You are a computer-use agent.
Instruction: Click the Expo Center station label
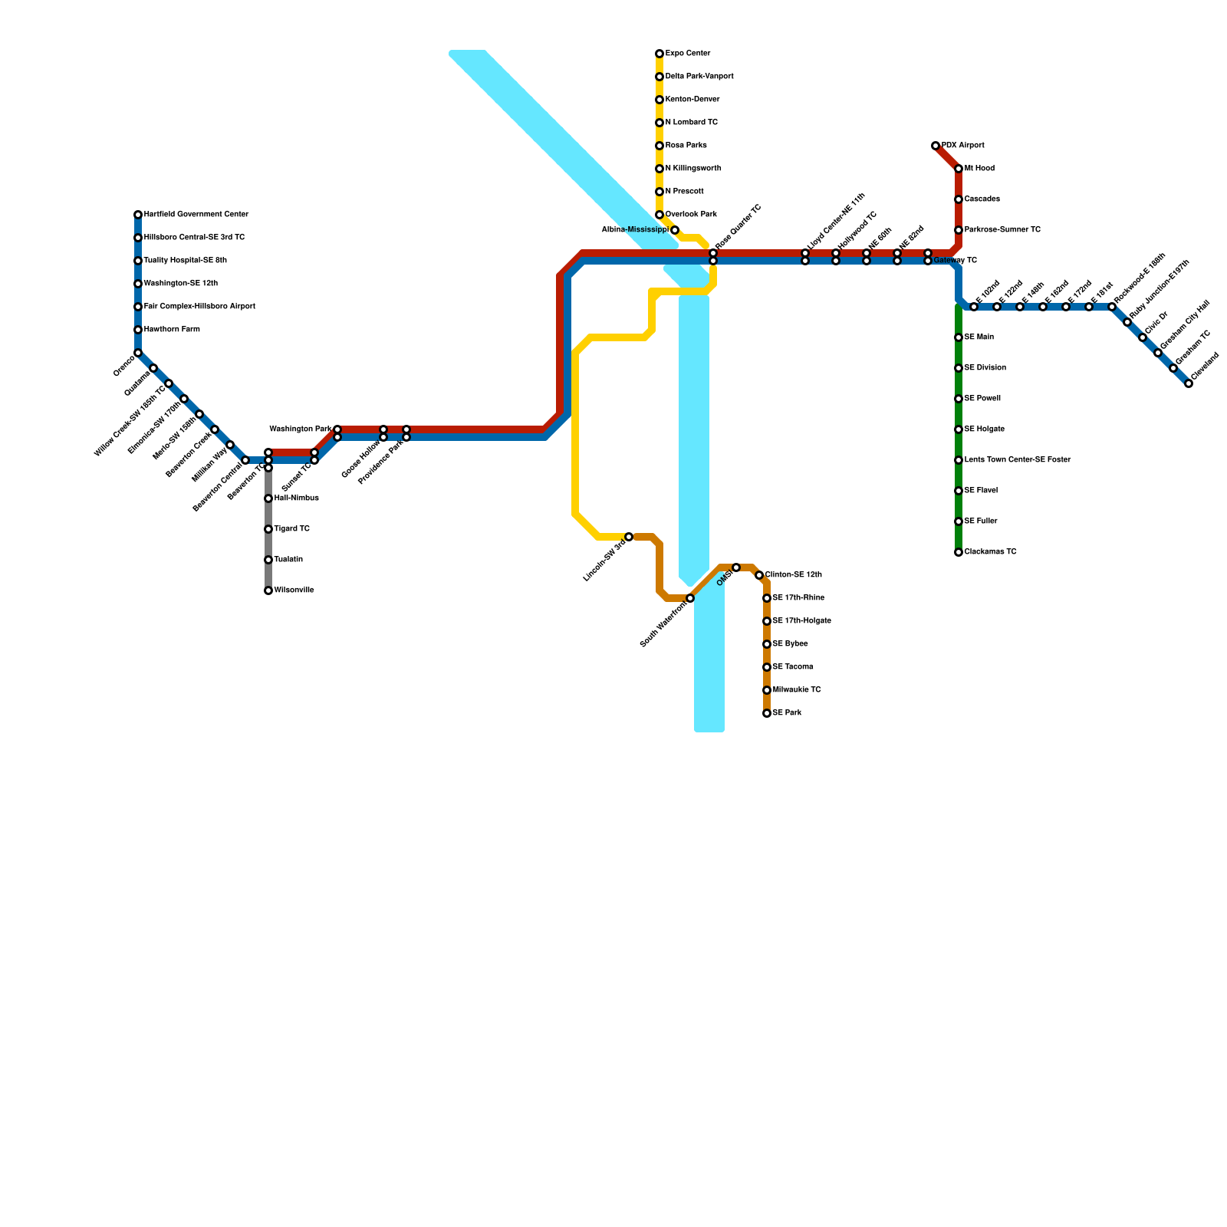pos(688,54)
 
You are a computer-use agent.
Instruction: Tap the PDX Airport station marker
pos(936,146)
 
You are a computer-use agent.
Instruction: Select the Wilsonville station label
pos(294,590)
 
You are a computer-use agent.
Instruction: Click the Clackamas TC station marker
pos(959,552)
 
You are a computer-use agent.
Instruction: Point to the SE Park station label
pos(787,713)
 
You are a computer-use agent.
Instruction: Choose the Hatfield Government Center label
pos(196,215)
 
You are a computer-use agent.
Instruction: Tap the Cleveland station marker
pos(1189,383)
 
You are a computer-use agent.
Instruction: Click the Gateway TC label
pos(956,261)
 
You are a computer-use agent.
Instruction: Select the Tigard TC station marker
pos(268,529)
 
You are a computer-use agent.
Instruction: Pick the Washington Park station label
pos(301,429)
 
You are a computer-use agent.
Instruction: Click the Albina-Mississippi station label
pos(634,229)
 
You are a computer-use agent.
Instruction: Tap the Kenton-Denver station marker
pos(660,100)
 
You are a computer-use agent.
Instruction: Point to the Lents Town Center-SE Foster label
pos(1017,460)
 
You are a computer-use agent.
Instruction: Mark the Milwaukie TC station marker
pos(767,690)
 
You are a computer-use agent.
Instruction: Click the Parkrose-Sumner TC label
pos(1002,230)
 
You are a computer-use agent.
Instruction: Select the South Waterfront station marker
pos(690,598)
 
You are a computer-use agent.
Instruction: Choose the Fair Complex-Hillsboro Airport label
pos(199,307)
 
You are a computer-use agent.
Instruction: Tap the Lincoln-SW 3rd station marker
pos(629,537)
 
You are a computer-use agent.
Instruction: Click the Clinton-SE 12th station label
pos(794,575)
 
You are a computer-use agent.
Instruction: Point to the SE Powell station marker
pos(959,399)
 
